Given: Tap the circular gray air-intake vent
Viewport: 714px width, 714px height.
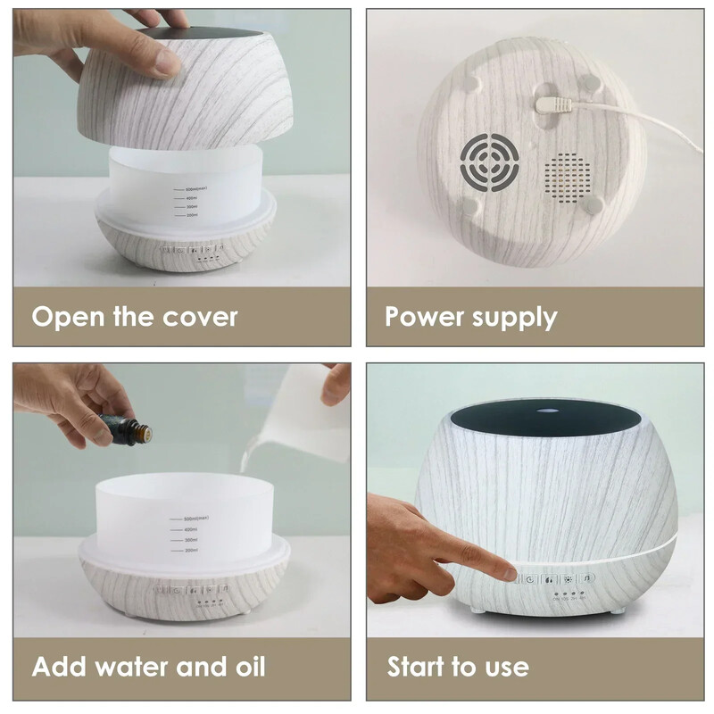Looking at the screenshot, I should (487, 162).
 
